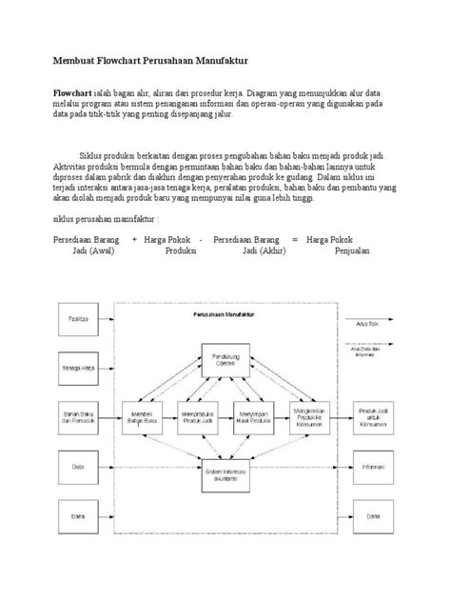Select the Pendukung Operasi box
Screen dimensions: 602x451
coord(225,361)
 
